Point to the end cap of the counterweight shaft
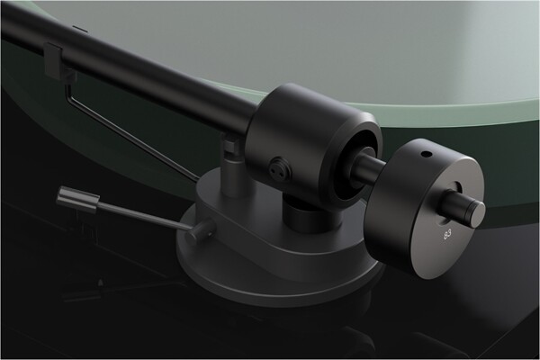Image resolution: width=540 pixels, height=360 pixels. click(475, 211)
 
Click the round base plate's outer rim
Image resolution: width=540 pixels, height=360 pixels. click(207, 270)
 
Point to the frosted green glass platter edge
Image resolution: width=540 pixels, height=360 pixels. click(450, 99)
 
